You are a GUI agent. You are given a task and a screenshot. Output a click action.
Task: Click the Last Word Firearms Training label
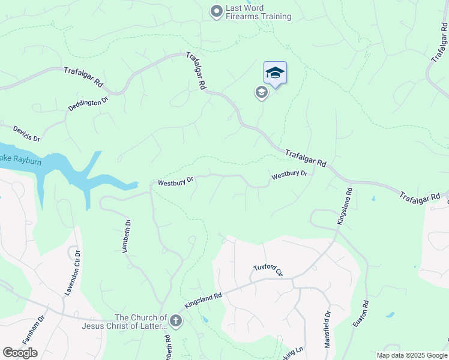click(258, 13)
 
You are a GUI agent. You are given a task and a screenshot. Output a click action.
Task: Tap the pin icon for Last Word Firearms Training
click(216, 11)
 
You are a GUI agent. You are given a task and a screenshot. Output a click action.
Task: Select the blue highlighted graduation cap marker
click(275, 73)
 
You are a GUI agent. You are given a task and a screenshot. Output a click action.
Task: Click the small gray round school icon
click(261, 92)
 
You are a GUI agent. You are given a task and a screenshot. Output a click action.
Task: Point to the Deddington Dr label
click(88, 102)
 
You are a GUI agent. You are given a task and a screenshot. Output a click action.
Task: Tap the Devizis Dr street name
click(26, 133)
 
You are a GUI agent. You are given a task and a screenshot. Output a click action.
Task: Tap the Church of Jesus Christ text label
click(140, 322)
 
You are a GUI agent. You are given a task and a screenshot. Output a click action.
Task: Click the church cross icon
click(176, 321)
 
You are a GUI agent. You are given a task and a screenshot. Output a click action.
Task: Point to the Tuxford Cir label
click(271, 269)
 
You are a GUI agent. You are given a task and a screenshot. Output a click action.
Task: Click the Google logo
click(20, 352)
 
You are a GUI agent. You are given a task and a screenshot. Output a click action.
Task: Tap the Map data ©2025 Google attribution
click(411, 355)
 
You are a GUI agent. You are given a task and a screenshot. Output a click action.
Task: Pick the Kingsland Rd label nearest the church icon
click(203, 300)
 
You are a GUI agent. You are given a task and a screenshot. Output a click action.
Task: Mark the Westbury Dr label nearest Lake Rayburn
click(175, 182)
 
